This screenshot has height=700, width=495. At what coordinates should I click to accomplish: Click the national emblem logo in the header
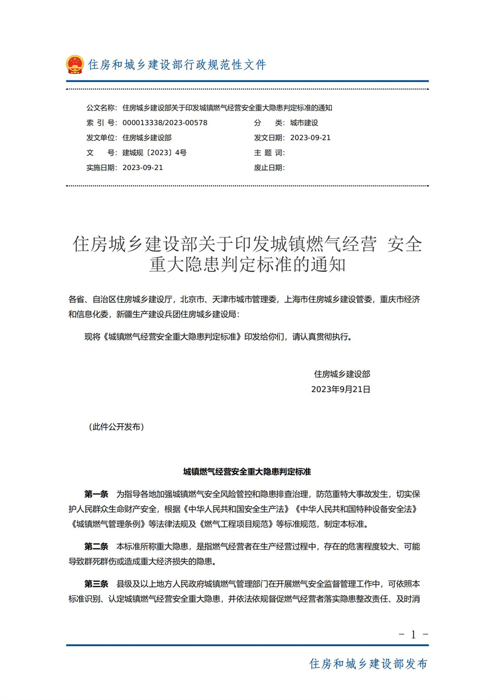point(75,64)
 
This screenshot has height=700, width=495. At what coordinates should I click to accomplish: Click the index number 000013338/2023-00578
point(165,123)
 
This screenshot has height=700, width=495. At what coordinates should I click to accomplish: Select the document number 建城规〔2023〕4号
point(154,153)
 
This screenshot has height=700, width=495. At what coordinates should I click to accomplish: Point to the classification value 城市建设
point(304,123)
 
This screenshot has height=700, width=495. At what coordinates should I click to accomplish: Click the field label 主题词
point(269,153)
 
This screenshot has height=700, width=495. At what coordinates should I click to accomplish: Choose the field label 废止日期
point(269,168)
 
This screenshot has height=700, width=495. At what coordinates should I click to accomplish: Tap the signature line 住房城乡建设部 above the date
point(342,374)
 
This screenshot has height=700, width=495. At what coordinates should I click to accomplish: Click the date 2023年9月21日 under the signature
point(341,389)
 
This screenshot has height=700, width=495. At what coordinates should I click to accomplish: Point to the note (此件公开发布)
point(116,427)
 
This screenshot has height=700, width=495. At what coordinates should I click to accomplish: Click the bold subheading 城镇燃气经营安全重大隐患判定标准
point(247,471)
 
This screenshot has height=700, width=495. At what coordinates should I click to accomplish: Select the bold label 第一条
point(96,494)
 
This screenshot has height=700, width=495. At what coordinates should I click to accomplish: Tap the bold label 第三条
point(96,584)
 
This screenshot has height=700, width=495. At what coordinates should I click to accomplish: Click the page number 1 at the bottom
point(413,635)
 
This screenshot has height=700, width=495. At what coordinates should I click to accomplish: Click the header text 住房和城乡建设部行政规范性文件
point(176,65)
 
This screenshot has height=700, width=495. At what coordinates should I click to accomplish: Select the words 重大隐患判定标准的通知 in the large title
point(248,266)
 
